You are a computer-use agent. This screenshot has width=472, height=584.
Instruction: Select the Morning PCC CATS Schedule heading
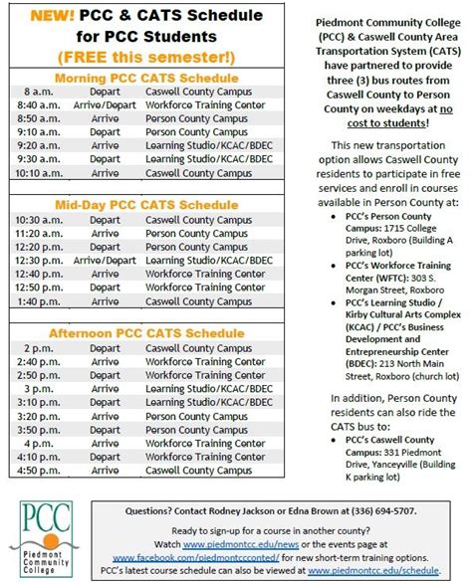tap(146, 78)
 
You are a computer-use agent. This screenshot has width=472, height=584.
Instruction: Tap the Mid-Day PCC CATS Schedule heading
tap(146, 205)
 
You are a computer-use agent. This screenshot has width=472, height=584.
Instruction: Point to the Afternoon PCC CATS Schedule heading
tap(146, 331)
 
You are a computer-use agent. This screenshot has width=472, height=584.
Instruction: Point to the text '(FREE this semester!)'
tap(146, 54)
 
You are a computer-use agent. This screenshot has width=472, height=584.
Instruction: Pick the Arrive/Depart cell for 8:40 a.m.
tap(105, 104)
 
